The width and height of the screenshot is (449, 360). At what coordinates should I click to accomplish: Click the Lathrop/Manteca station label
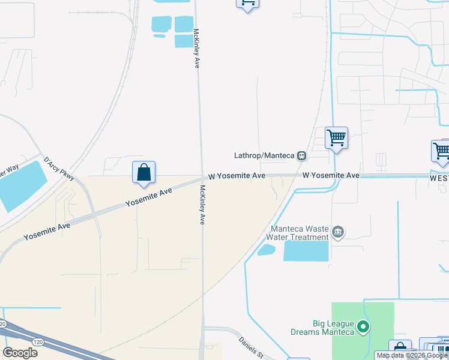click(x=264, y=155)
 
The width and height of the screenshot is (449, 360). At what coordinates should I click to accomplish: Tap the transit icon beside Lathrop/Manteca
click(x=301, y=155)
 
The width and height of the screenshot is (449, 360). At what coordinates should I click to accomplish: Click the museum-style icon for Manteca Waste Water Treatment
click(x=337, y=232)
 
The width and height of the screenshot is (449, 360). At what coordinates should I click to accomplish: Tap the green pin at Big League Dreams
click(x=363, y=327)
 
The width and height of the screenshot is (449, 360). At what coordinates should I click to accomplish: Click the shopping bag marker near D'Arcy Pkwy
click(x=144, y=172)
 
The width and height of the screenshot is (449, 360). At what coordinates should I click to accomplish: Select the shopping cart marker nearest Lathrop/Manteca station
click(x=336, y=138)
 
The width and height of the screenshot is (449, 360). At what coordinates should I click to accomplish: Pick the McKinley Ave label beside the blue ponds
click(x=196, y=49)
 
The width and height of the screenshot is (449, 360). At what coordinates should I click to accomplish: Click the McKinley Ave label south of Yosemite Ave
click(x=202, y=204)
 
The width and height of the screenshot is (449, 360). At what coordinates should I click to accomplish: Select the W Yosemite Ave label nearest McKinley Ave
click(x=237, y=176)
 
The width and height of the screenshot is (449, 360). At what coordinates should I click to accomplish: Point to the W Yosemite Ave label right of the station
click(x=331, y=175)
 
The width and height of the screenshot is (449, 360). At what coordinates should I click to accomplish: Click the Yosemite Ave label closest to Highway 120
click(x=47, y=231)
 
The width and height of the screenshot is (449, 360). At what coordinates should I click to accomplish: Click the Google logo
click(x=20, y=353)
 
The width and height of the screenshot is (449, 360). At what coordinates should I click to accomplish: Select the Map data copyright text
click(x=412, y=356)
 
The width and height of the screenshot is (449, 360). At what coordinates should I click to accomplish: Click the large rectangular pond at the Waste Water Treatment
click(x=306, y=251)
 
